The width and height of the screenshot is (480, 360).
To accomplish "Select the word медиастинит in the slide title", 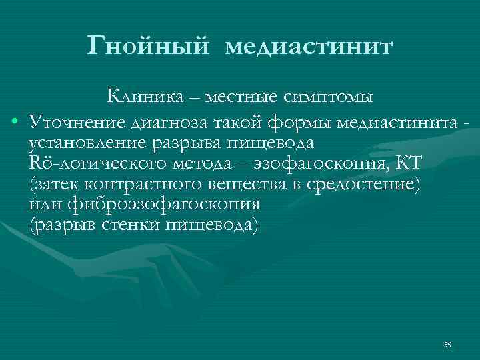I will coord(310,48).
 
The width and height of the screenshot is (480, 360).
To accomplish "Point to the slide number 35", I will coord(447,345).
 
